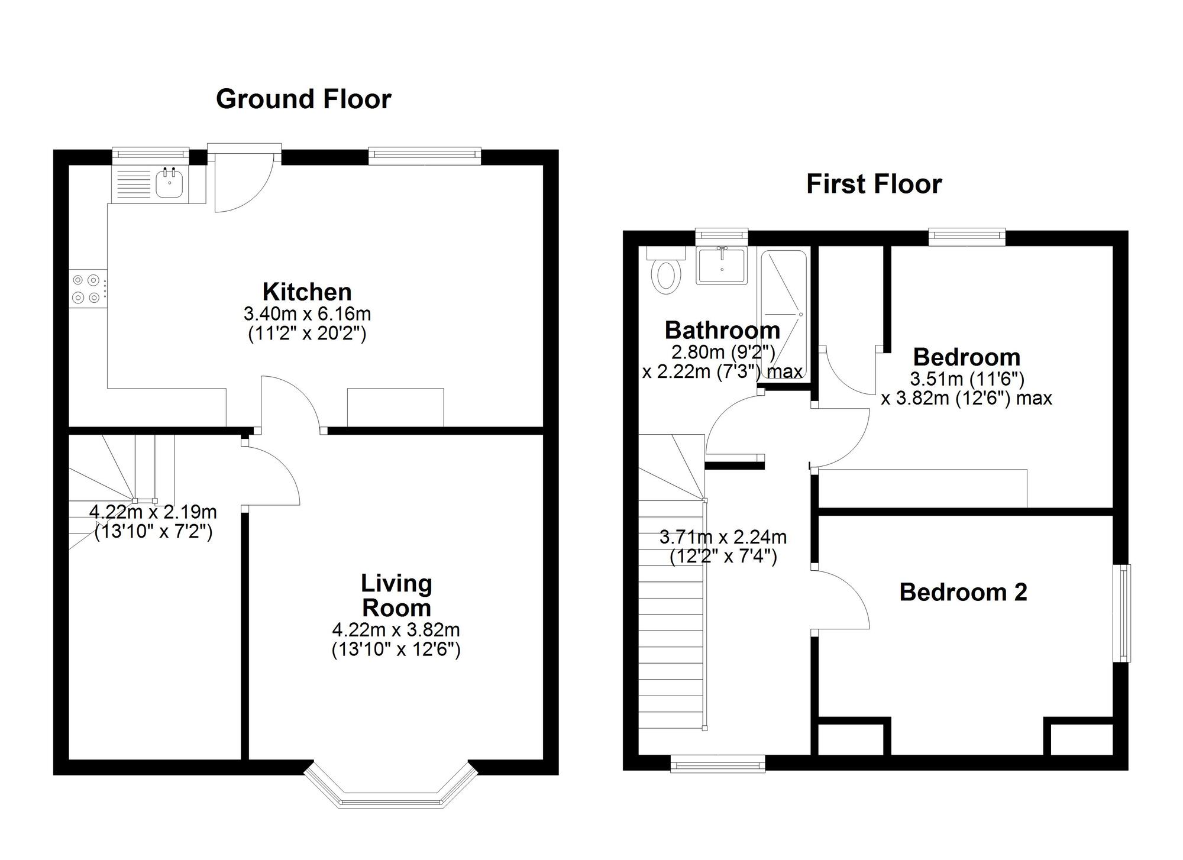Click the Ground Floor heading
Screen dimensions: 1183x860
coord(303,99)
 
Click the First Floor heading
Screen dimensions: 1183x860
coord(874,184)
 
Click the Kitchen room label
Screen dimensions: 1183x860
coord(307,292)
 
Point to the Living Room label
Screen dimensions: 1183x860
coord(396,596)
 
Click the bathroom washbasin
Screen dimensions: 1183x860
coord(722,266)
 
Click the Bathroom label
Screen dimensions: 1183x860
coord(722,330)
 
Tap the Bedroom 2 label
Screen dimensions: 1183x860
coord(963,592)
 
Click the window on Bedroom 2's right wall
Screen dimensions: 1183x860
coord(1121,613)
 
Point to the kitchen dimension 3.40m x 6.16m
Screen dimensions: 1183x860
coord(307,313)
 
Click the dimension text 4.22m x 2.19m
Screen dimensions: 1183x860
coord(153,512)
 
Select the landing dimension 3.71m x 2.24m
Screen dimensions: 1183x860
coord(723,537)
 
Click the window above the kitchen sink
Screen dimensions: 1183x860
coord(151,155)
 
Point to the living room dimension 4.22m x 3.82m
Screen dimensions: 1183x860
coord(396,629)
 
